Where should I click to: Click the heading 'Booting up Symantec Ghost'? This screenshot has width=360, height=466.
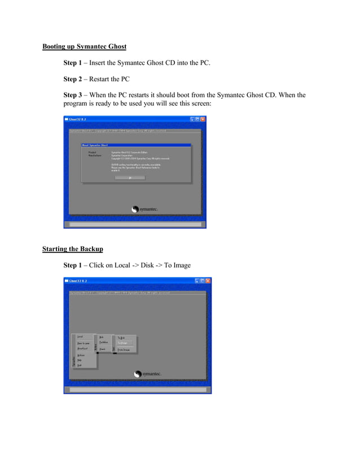(84, 46)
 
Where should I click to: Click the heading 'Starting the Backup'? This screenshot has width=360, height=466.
(73, 249)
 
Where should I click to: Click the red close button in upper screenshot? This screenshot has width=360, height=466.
(203, 119)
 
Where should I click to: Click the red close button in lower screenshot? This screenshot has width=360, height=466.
(208, 280)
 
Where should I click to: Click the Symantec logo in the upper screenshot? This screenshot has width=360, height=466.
(145, 209)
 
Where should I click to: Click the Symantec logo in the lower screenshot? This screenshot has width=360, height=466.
(148, 373)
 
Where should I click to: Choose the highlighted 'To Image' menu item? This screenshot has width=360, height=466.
(122, 343)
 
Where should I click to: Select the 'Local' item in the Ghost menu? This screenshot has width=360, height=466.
(80, 337)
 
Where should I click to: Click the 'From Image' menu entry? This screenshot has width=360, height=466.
(124, 350)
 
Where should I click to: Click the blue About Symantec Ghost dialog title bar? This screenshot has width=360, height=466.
(136, 145)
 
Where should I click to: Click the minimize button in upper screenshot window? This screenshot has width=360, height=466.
(192, 119)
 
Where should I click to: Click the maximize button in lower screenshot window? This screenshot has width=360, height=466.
(202, 280)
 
